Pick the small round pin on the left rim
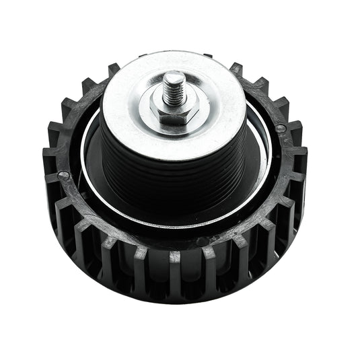[x=63, y=176]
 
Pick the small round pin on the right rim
[x=281, y=127]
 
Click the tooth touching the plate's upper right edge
[x=236, y=69]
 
